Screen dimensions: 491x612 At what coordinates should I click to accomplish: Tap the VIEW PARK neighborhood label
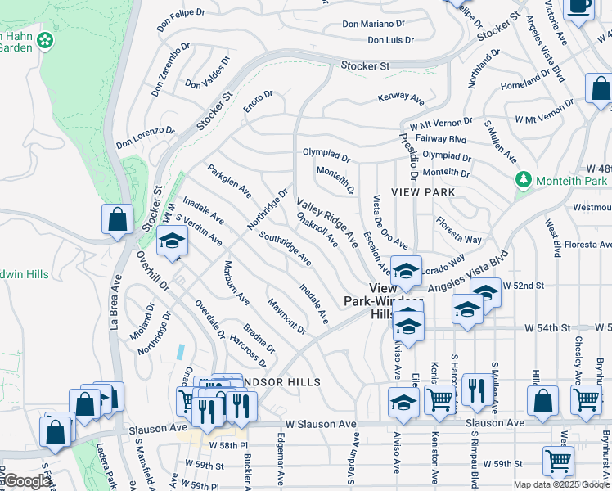click(422, 191)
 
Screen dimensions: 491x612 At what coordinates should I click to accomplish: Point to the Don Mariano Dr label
click(373, 25)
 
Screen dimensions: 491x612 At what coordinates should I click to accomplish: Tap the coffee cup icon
click(578, 7)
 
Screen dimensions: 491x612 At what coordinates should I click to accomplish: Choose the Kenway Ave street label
click(401, 99)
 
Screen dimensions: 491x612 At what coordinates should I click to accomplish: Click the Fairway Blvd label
click(442, 140)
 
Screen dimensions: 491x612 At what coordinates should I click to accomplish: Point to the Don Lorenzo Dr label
click(146, 137)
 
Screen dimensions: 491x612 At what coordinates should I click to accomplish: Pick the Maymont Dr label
click(286, 317)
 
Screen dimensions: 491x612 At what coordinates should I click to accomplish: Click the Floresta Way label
click(458, 230)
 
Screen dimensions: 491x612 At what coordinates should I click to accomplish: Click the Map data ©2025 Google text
click(560, 484)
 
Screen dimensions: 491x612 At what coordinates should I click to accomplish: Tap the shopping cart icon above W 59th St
click(559, 460)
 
